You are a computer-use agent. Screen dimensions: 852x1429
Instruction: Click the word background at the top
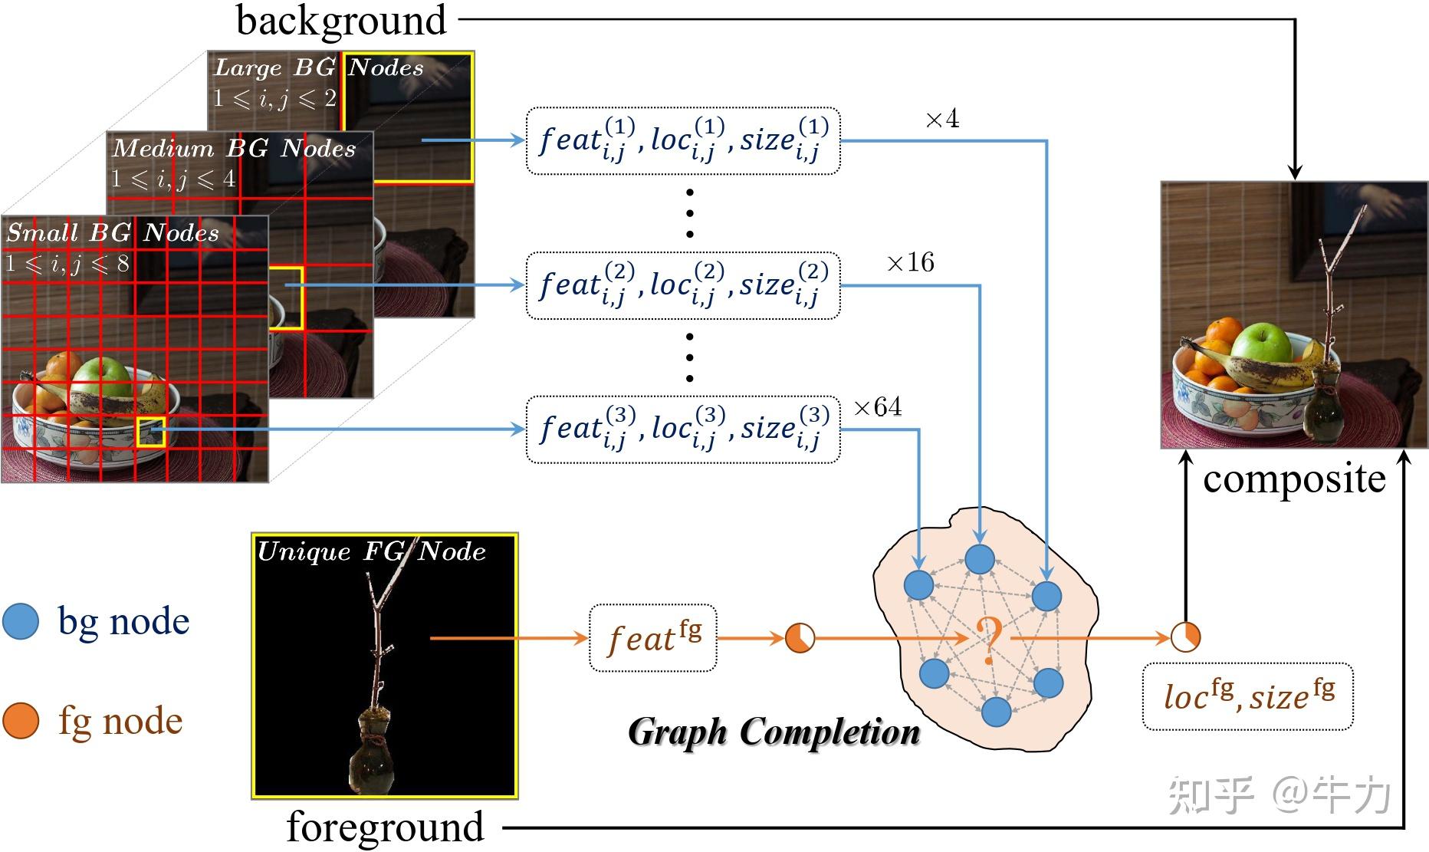tap(341, 21)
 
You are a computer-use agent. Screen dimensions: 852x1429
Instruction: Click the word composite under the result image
tap(1294, 479)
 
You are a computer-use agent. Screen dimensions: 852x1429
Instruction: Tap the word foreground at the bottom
tap(385, 827)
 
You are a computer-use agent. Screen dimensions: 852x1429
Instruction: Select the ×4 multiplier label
tap(942, 120)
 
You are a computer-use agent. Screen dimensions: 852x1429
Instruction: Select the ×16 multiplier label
tap(910, 263)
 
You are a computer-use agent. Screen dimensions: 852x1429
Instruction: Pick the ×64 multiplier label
tap(877, 407)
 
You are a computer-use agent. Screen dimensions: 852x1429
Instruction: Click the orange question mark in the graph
tap(988, 639)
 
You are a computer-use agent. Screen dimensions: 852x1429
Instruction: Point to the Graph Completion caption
tap(774, 732)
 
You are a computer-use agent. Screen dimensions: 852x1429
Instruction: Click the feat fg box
tap(652, 638)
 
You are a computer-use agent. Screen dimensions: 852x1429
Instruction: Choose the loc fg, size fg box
tap(1247, 696)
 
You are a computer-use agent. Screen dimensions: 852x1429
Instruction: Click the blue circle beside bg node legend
tap(21, 622)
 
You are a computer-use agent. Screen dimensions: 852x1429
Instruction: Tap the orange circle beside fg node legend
tap(21, 721)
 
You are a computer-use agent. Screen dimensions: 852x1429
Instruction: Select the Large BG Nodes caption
tap(318, 67)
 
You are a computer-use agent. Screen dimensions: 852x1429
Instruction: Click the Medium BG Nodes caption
tap(234, 148)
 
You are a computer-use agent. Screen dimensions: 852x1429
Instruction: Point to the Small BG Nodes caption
tap(113, 232)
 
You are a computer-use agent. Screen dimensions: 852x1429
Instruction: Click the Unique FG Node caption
tap(371, 551)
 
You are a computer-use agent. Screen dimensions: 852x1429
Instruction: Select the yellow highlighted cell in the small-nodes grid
tap(151, 432)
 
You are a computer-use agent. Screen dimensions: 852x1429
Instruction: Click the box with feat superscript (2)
tap(682, 285)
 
